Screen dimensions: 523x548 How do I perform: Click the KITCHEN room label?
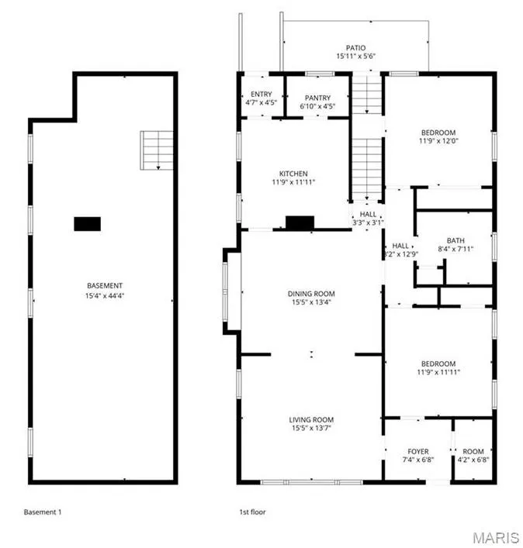(x=293, y=174)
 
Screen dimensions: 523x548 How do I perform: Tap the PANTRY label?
(x=317, y=98)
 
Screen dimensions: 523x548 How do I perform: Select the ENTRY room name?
(x=261, y=94)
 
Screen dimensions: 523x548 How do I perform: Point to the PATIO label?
(x=356, y=48)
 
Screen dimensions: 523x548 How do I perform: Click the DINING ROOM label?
(x=311, y=294)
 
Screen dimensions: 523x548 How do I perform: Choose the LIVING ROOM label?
(x=311, y=420)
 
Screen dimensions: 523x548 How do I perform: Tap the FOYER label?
(x=418, y=452)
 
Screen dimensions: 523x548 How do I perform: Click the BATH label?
(x=455, y=241)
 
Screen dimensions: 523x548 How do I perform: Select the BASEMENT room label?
(x=105, y=285)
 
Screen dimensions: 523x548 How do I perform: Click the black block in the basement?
(x=88, y=224)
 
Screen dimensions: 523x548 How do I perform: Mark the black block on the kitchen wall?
(x=300, y=223)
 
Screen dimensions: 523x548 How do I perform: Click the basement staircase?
(x=157, y=150)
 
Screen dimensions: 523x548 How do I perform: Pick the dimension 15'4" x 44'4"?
(x=105, y=295)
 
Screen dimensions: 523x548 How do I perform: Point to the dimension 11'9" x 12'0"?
(x=438, y=141)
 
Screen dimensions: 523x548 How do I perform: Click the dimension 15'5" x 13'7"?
(x=311, y=428)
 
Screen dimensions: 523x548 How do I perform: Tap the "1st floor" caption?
(x=252, y=512)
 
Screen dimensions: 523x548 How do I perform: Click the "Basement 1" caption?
(x=43, y=512)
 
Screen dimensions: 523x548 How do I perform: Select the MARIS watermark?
(x=496, y=537)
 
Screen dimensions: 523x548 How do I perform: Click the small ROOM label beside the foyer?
(x=473, y=452)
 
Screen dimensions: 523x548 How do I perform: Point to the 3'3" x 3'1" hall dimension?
(x=368, y=222)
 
